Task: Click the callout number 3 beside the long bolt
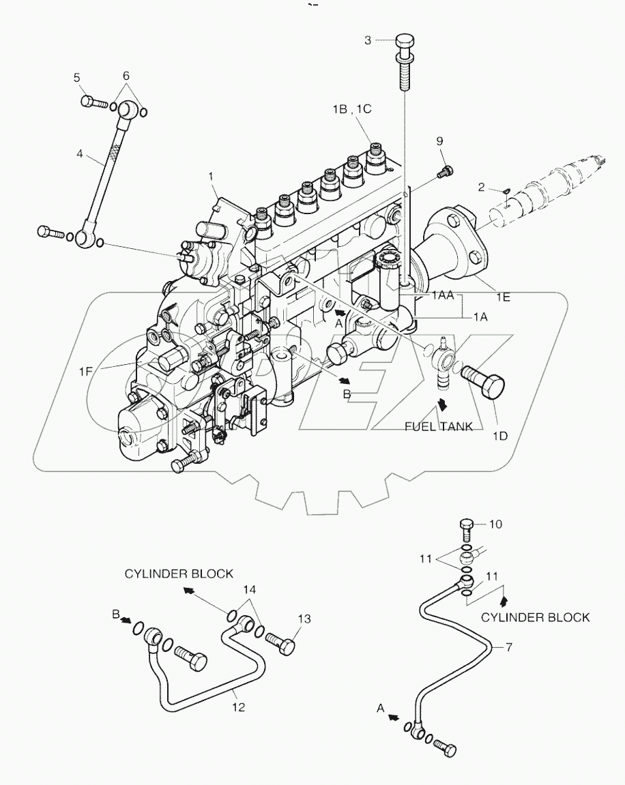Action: pyautogui.click(x=368, y=40)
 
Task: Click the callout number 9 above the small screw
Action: pyautogui.click(x=439, y=140)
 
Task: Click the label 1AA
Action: pyautogui.click(x=441, y=297)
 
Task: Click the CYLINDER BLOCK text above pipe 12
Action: pyautogui.click(x=179, y=574)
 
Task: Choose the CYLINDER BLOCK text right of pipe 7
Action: pyautogui.click(x=535, y=617)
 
